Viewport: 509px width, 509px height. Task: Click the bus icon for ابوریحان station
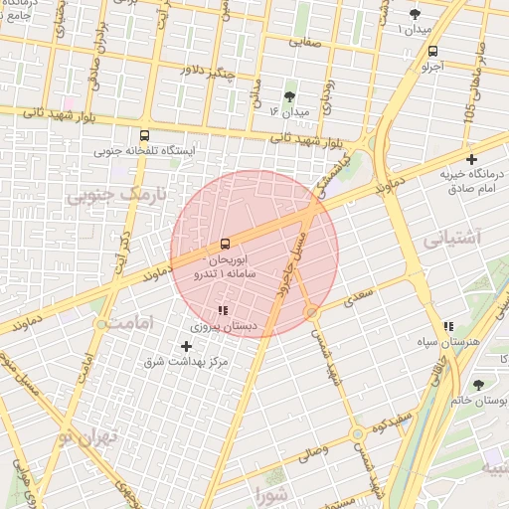click(x=225, y=244)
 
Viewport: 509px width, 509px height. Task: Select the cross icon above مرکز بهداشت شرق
click(x=186, y=346)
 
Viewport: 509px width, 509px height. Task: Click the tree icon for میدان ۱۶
click(x=289, y=96)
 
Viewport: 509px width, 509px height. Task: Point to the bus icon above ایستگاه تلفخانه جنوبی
click(x=145, y=135)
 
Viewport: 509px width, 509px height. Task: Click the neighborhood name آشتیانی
click(x=451, y=240)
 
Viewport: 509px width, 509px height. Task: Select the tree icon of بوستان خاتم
click(x=480, y=384)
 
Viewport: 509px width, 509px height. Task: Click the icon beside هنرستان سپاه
click(x=449, y=325)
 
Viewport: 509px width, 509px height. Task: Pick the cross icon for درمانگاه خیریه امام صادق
click(x=471, y=159)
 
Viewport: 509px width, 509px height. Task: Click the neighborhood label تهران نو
click(x=88, y=436)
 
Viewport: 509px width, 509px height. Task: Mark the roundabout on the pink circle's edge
click(x=312, y=312)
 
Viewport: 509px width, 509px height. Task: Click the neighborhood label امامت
click(x=131, y=324)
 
